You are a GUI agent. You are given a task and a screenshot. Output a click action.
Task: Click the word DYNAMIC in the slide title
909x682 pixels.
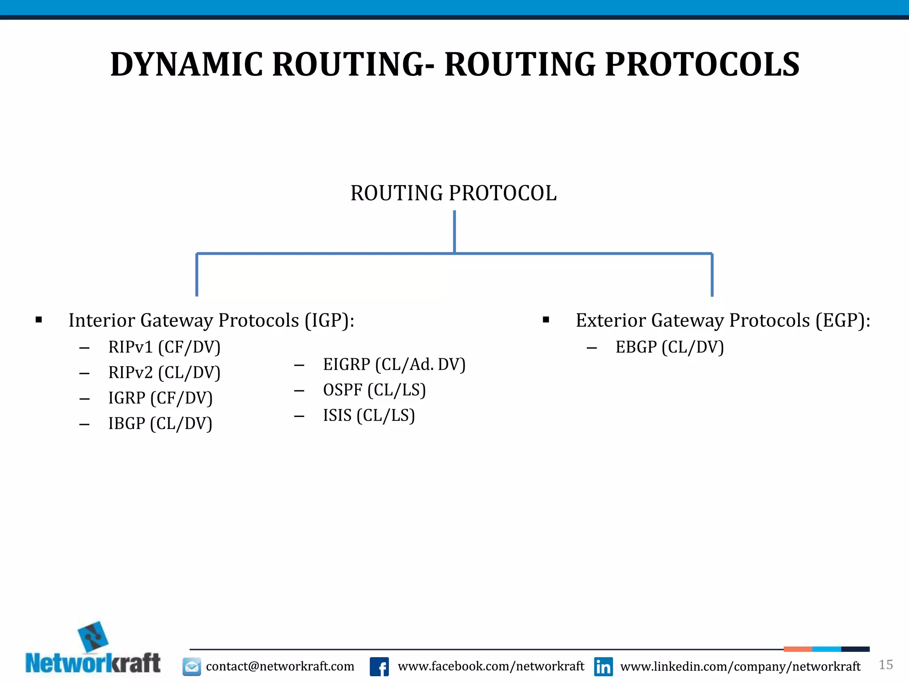tap(187, 65)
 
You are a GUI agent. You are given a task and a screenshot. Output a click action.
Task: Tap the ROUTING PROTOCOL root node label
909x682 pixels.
tap(453, 194)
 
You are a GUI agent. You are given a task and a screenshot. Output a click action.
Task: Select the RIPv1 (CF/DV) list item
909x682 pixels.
tap(164, 347)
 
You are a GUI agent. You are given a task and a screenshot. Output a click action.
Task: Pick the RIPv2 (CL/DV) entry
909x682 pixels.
tap(164, 373)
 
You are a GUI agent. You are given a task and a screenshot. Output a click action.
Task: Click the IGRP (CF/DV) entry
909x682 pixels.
tap(160, 398)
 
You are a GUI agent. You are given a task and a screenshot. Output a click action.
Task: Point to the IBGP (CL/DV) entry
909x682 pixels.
tap(160, 424)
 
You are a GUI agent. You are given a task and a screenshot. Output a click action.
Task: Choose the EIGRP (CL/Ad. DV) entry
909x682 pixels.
tap(394, 365)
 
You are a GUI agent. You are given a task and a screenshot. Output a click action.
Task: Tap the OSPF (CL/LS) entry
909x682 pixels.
tap(374, 390)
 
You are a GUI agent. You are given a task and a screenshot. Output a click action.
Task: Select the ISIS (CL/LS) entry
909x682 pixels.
tap(369, 416)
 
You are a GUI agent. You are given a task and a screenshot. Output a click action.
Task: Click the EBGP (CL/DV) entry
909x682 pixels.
tap(669, 347)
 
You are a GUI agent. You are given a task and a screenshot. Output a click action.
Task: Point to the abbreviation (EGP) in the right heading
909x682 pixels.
tap(841, 321)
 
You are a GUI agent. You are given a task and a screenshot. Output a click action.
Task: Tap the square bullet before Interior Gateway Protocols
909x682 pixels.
tap(39, 320)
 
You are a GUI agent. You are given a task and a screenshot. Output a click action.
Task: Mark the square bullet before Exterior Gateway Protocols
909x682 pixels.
tap(546, 320)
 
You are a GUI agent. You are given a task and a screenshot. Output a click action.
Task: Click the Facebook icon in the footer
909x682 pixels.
tap(379, 666)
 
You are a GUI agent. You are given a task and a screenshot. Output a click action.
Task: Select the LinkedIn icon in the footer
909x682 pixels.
tap(603, 666)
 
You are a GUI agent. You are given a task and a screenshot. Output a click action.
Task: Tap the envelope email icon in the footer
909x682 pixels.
tap(192, 666)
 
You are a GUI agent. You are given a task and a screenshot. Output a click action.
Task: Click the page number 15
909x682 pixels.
tap(885, 665)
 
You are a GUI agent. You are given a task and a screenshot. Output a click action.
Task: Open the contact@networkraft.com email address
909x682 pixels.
tap(280, 666)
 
